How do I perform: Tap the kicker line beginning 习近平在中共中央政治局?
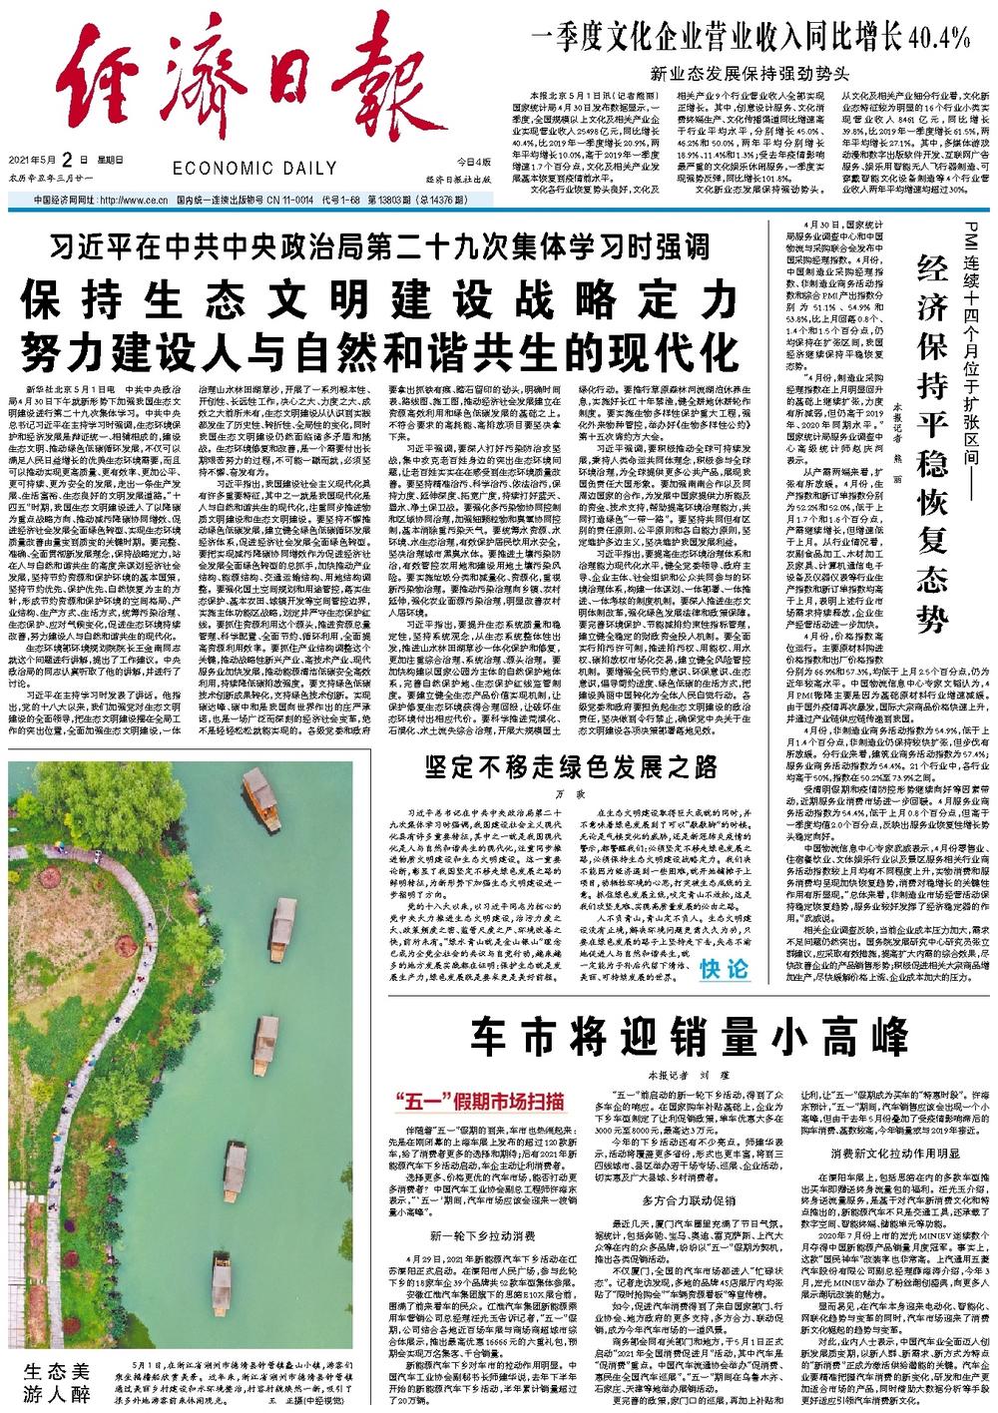point(379,245)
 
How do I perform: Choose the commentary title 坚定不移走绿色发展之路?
point(571,766)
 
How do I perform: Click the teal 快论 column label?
point(723,970)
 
